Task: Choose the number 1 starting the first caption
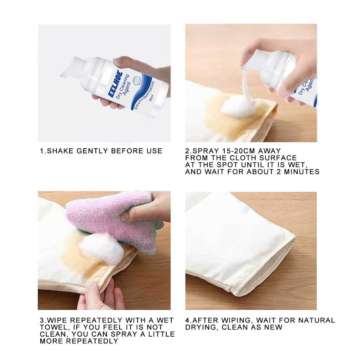41,151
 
